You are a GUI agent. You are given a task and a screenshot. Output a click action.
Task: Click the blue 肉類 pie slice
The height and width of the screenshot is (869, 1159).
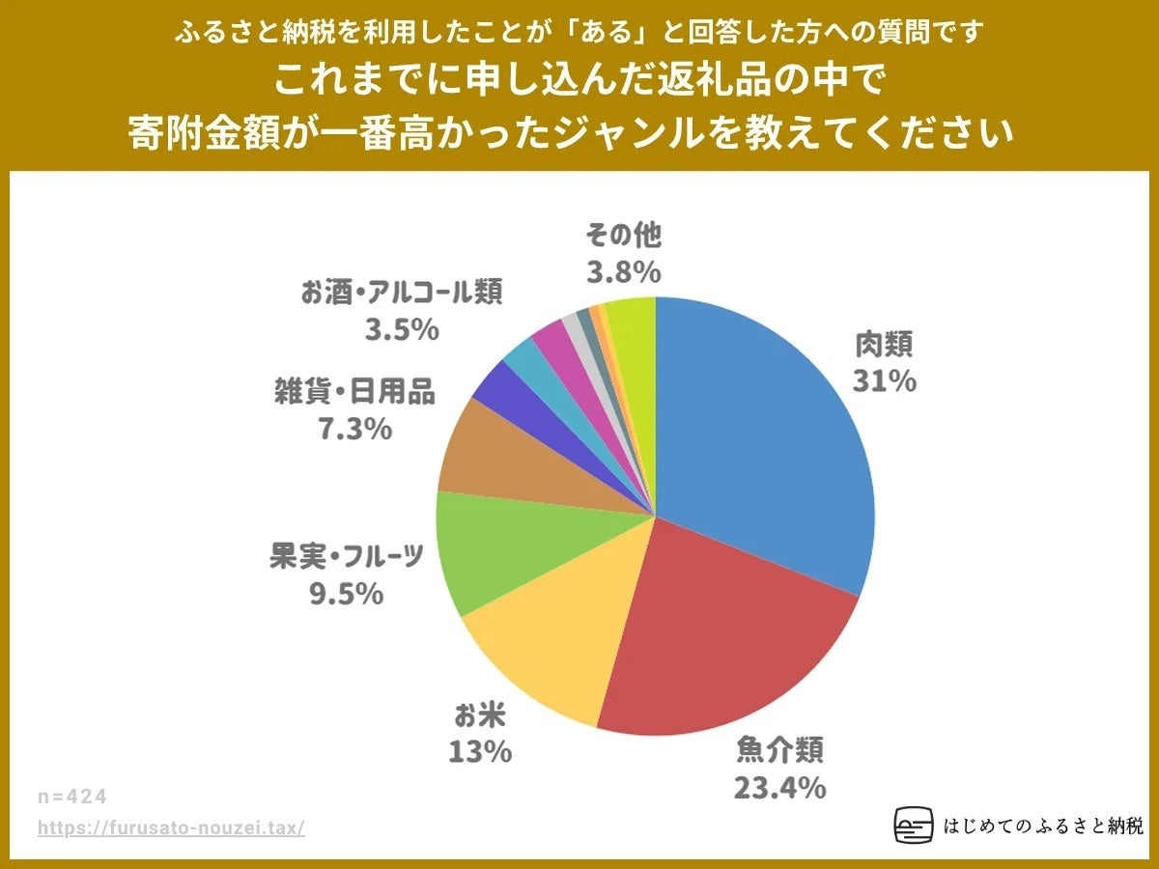(763, 434)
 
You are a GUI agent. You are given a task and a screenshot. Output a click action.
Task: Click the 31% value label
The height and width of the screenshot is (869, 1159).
(884, 381)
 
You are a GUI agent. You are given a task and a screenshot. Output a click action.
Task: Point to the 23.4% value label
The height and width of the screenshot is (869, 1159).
(779, 788)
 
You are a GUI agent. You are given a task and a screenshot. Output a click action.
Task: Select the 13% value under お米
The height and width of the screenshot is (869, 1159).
(480, 751)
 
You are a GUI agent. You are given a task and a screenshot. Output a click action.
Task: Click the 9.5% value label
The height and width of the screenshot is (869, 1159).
(346, 594)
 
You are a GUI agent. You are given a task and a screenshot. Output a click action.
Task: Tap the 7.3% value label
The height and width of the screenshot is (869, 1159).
(355, 429)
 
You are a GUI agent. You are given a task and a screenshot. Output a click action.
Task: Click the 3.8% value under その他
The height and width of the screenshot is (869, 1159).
(624, 273)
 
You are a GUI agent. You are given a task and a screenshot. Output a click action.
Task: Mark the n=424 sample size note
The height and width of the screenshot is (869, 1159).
(72, 797)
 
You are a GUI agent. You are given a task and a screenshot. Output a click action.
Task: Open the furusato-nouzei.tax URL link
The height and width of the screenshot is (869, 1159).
(172, 828)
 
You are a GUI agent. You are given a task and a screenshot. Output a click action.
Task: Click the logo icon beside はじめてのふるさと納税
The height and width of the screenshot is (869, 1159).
(914, 826)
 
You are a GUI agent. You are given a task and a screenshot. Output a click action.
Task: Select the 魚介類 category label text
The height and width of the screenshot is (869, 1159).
(779, 750)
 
